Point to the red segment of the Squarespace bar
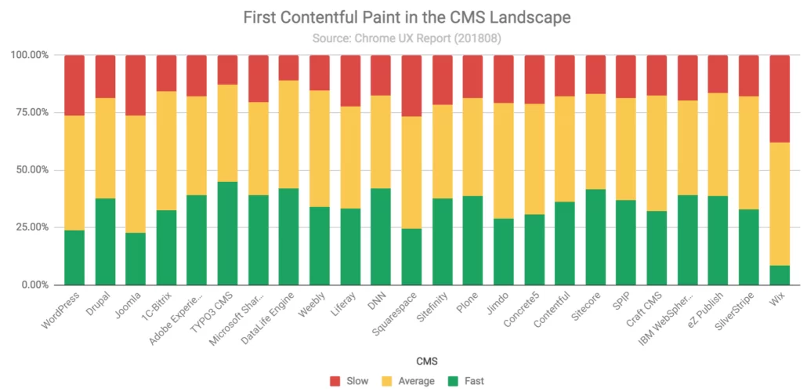pyautogui.click(x=412, y=85)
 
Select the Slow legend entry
pyautogui.click(x=349, y=381)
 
